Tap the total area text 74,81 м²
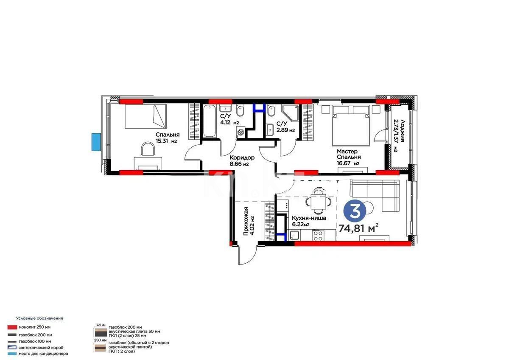(x=358, y=228)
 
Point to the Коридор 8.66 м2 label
(x=237, y=160)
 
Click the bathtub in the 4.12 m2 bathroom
(x=210, y=122)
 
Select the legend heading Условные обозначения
(x=39, y=318)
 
